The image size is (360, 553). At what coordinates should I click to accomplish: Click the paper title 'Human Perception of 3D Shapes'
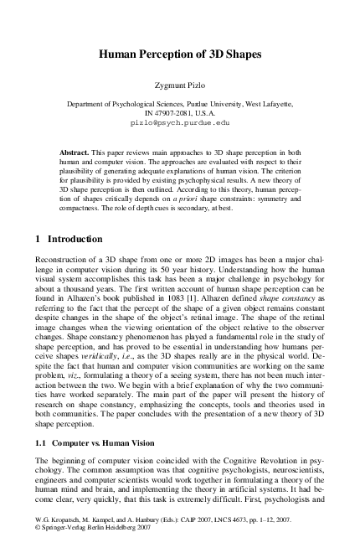coord(180,53)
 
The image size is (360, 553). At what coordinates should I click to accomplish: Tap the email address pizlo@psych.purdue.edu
coord(180,122)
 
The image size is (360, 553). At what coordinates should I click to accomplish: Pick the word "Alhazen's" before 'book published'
coord(83,309)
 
